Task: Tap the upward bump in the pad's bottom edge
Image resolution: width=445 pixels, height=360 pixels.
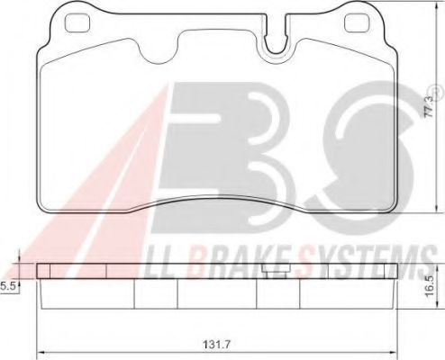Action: pyautogui.click(x=216, y=203)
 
